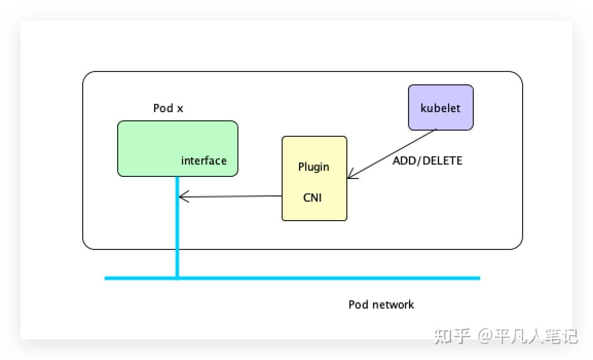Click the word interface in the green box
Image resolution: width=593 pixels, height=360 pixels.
(203, 160)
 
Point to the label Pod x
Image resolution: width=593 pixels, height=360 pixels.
(168, 109)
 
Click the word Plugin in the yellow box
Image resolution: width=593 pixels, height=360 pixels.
(313, 167)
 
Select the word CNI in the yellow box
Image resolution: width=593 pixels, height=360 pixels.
(312, 197)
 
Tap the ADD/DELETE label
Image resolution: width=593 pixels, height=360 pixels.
(428, 160)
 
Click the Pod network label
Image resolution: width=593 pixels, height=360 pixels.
(381, 304)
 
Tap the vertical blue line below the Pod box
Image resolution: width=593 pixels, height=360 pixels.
(177, 231)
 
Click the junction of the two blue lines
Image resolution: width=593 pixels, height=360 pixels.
(177, 278)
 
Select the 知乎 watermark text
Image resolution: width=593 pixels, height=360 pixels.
(452, 336)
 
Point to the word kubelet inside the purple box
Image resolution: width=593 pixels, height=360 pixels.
(440, 109)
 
